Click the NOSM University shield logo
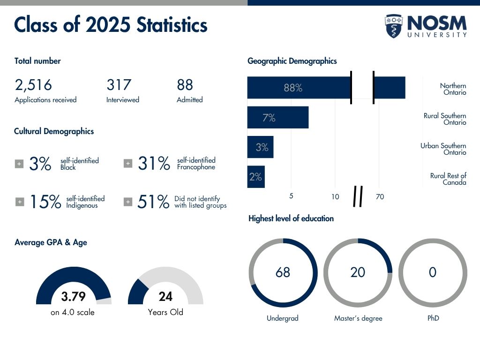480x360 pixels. point(394,26)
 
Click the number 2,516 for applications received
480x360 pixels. point(33,85)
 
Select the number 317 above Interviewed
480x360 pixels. point(119,85)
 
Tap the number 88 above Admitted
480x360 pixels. point(185,85)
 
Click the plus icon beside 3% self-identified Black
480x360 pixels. point(19,164)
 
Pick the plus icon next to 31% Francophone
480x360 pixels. point(127,163)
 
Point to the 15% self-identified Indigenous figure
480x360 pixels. point(45,202)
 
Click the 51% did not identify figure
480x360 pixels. point(153,202)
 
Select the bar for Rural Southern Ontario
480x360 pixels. point(277,117)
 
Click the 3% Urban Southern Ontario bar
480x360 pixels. point(260,147)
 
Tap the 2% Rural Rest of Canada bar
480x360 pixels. point(255,177)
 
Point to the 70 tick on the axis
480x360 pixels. point(380,197)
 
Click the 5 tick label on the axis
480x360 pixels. point(291,196)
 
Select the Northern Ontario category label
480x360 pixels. point(453,89)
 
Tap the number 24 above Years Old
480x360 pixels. point(165,297)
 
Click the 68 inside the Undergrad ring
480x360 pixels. point(283,272)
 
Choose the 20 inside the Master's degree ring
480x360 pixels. point(358,272)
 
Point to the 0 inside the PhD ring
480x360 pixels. point(433,272)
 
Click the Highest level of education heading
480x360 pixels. point(291,218)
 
